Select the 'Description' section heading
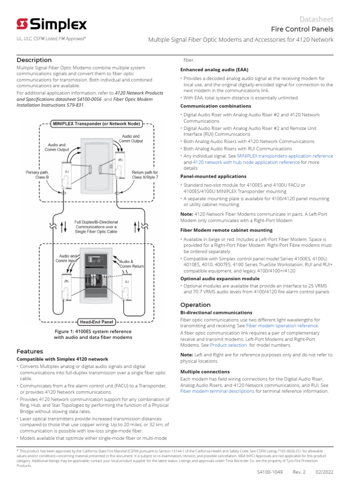[34, 60]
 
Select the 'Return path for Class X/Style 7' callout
[145, 175]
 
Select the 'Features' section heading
[30, 351]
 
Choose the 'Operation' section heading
[195, 305]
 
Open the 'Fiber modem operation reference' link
[282, 325]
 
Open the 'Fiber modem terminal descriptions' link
[217, 391]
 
